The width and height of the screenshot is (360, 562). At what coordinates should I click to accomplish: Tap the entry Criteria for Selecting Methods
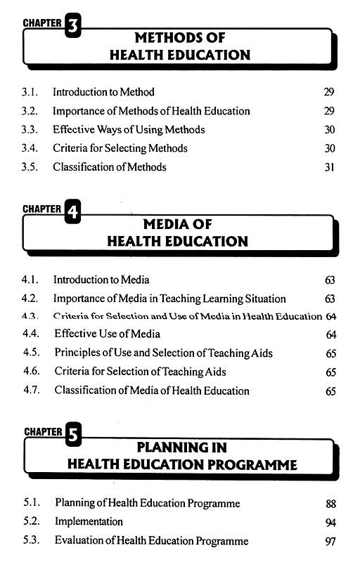pos(120,148)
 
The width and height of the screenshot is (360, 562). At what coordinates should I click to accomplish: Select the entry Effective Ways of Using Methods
pos(129,129)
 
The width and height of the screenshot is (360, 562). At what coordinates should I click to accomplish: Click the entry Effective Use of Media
pos(107,334)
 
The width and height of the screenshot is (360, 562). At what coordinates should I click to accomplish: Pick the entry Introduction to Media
pos(101,280)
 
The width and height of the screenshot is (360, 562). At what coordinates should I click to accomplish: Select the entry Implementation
pos(89,522)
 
